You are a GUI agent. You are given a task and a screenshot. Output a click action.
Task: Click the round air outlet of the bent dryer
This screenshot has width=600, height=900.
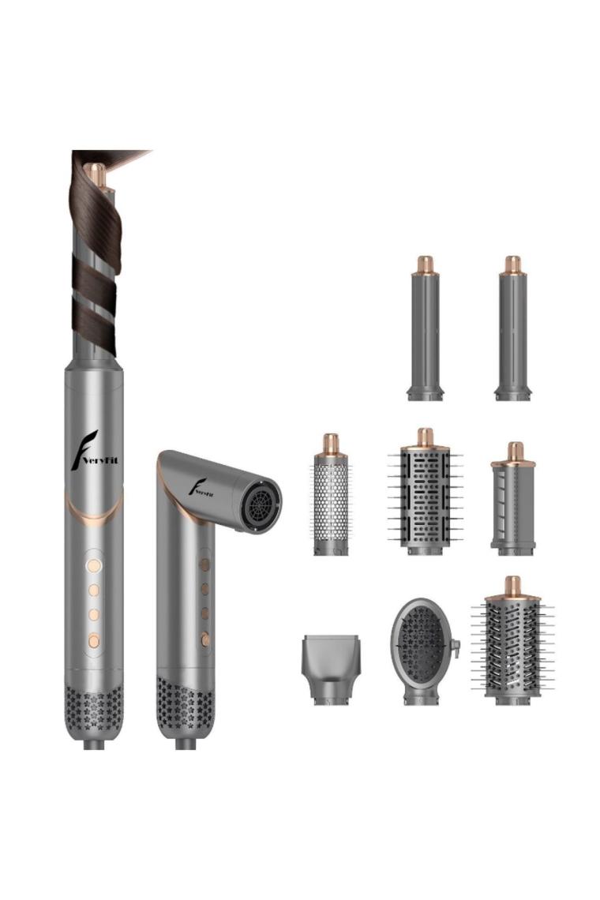click(260, 498)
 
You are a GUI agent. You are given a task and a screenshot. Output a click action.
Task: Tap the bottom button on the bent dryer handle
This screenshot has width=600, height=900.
click(204, 638)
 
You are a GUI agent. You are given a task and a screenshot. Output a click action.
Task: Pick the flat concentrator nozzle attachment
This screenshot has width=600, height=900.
click(330, 669)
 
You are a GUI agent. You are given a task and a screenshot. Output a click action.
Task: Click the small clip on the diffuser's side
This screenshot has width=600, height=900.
click(456, 649)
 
